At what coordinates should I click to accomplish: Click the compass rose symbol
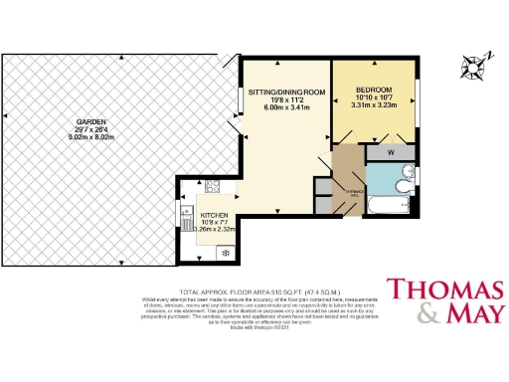click(473, 66)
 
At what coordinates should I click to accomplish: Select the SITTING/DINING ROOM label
click(287, 93)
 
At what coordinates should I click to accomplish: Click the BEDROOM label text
click(375, 91)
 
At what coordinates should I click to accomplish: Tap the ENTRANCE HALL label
click(351, 194)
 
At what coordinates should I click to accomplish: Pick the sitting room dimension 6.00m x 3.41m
click(287, 108)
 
